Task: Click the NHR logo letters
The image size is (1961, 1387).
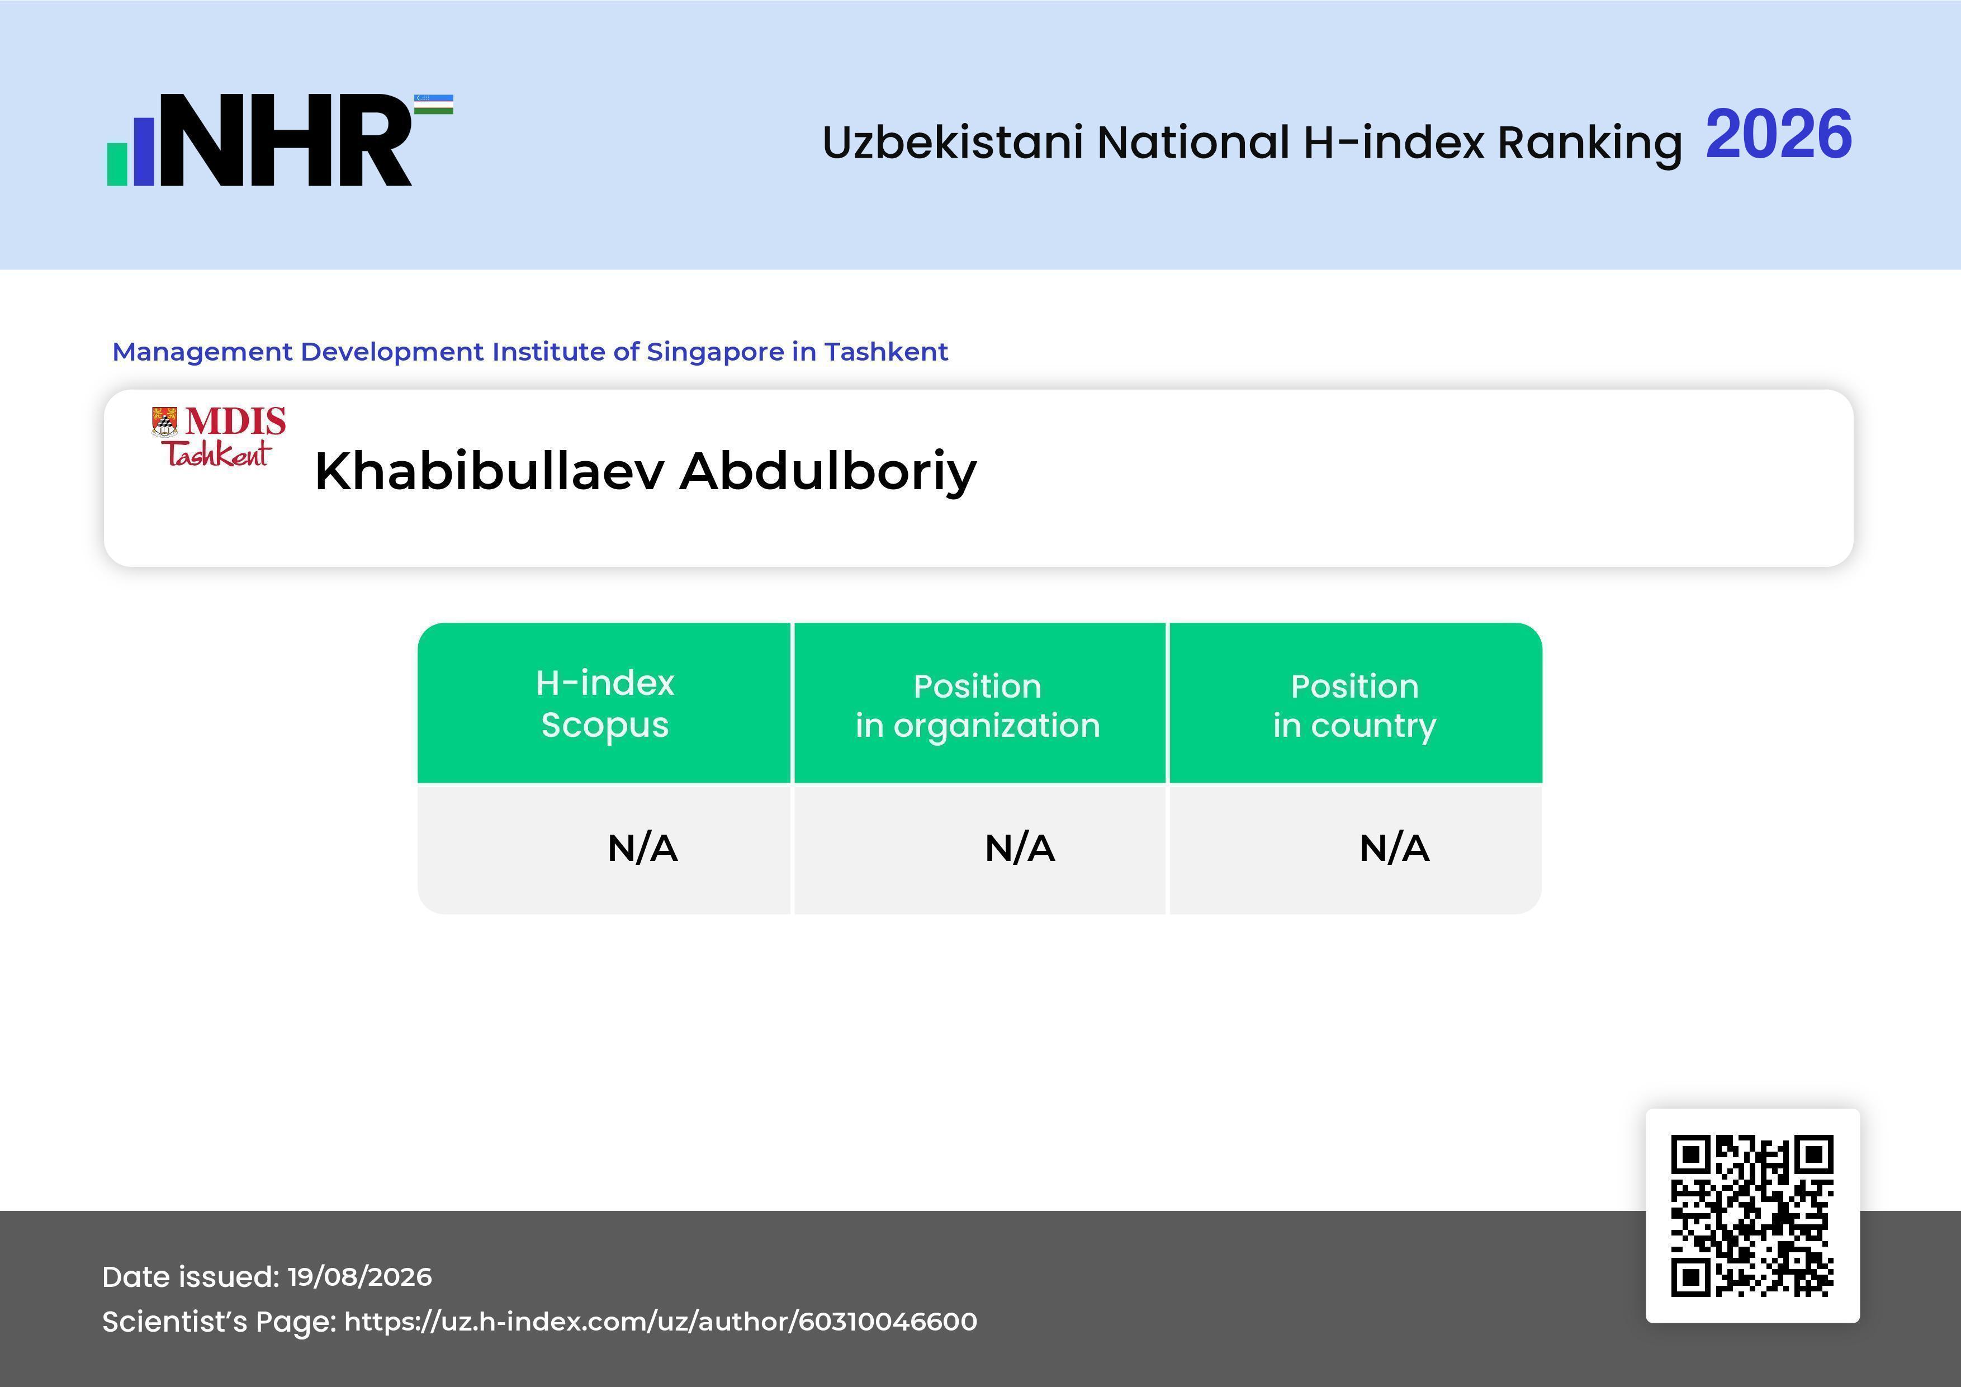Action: (x=285, y=140)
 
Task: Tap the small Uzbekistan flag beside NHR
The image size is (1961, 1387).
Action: (x=434, y=104)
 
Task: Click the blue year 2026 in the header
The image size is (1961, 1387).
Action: (x=1778, y=135)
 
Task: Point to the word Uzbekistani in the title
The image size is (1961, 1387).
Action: (x=953, y=142)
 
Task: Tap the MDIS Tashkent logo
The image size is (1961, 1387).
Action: (x=219, y=437)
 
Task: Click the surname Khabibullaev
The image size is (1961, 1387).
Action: (x=489, y=471)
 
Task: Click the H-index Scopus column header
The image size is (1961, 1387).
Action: (x=605, y=704)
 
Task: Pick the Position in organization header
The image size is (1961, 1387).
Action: (x=978, y=706)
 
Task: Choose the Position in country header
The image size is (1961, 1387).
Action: (x=1354, y=706)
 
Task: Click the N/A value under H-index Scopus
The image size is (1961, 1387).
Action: (x=642, y=848)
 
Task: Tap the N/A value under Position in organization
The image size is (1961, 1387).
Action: (x=1020, y=848)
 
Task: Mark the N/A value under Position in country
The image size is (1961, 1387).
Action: (x=1394, y=848)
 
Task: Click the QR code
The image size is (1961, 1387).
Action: (x=1752, y=1216)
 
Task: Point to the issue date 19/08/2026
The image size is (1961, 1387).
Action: (x=359, y=1277)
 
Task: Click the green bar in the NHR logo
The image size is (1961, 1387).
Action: (x=117, y=164)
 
